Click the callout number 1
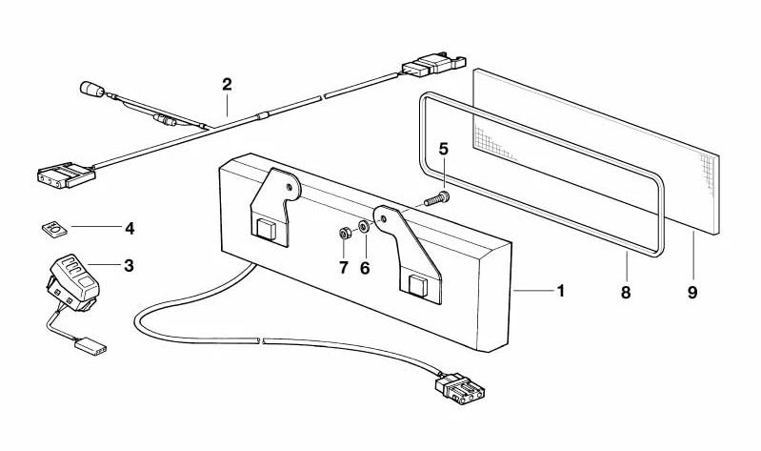561,291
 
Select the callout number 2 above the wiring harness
227,85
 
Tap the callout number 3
129,265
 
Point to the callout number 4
130,229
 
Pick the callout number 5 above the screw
444,149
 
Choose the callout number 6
365,267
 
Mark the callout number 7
344,267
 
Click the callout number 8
626,293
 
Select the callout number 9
692,293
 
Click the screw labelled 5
437,199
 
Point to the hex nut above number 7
344,234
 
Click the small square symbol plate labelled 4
53,229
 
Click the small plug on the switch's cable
91,346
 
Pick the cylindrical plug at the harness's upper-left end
91,89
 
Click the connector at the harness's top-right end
433,64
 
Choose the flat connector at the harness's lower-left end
66,174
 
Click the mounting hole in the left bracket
290,187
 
